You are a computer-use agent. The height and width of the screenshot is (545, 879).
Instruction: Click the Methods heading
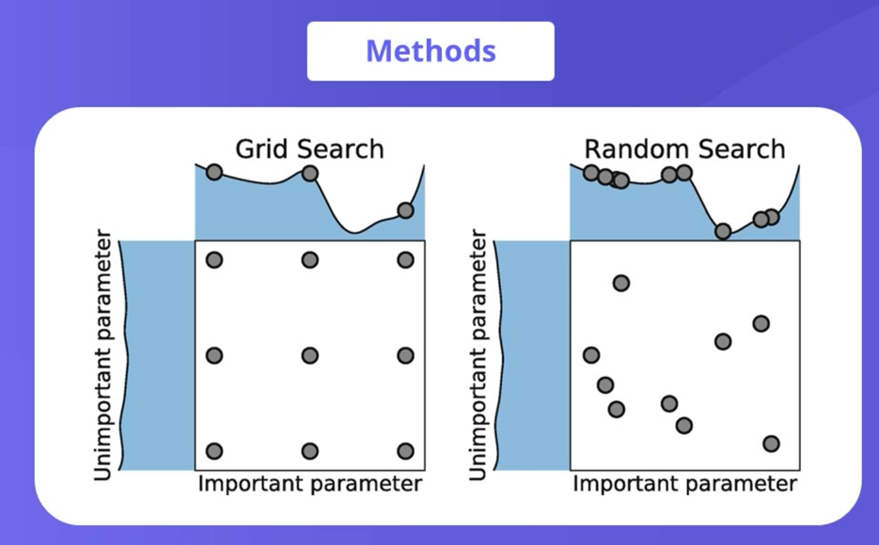point(431,51)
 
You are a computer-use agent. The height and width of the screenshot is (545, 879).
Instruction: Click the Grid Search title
point(309,148)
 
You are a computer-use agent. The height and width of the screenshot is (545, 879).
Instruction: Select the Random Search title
point(684,148)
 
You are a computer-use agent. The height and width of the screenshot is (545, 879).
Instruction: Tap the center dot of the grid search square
point(309,355)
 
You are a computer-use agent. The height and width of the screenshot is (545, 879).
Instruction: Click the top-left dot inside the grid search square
point(213,260)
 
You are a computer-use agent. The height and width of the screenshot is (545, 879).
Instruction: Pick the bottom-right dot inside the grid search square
point(405,451)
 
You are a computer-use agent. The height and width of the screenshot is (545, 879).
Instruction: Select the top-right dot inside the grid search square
point(405,260)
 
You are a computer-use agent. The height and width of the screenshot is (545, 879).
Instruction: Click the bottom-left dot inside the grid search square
point(213,451)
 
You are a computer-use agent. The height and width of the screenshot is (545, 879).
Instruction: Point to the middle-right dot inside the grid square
point(405,355)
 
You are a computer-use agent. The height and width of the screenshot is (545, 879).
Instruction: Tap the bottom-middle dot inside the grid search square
point(309,451)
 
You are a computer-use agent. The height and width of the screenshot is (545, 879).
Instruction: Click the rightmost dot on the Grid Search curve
point(405,210)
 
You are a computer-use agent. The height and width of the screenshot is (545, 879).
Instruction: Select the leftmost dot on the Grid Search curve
point(213,172)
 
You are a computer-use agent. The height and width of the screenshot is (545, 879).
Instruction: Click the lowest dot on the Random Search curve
point(722,231)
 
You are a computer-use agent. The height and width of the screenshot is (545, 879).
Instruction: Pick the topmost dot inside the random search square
point(620,283)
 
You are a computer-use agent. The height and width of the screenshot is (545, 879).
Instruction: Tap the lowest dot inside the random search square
point(772,444)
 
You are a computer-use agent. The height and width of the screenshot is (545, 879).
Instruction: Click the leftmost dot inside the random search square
point(591,355)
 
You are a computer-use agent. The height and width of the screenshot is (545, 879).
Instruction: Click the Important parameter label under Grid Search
point(309,485)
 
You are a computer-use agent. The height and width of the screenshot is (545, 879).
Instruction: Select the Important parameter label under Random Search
point(684,485)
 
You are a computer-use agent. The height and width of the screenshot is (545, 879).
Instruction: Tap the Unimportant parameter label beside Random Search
point(477,355)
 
